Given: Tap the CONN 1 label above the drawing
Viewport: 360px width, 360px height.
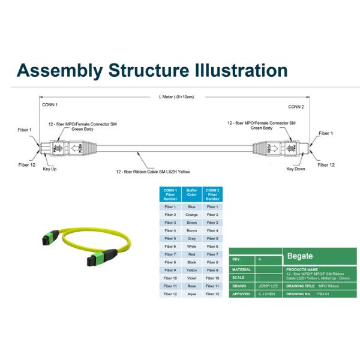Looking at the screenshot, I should point(50,105).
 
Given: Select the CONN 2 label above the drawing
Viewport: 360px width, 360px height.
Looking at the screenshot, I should point(296,106).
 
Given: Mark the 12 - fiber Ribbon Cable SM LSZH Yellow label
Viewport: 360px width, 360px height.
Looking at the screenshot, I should point(153,172).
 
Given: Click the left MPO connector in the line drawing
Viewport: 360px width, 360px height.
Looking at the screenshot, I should point(60,147).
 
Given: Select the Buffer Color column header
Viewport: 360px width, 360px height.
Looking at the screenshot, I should point(192,194).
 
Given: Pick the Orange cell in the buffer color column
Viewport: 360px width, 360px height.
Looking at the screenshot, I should point(192,214).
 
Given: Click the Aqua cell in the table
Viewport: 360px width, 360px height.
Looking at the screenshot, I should point(192,294).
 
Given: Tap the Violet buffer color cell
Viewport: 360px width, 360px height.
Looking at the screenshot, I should point(192,278).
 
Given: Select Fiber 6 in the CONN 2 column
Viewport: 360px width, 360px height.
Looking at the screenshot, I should point(212,246).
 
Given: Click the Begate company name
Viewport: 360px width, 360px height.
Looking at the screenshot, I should point(300,256).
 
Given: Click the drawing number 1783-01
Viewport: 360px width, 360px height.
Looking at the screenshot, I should point(324,295).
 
